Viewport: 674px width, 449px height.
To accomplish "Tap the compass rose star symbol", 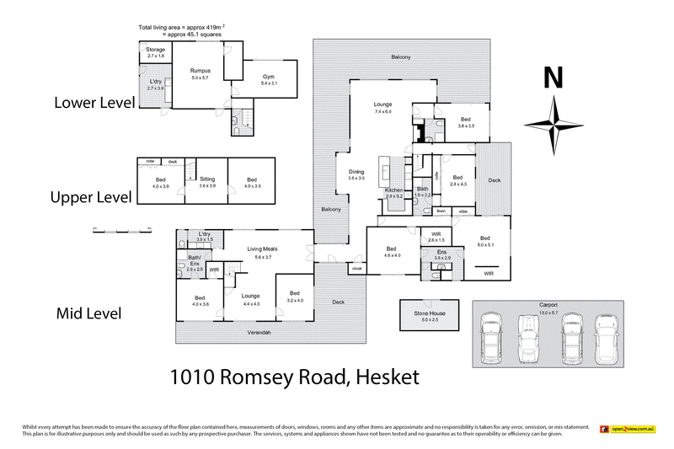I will [x=554, y=122].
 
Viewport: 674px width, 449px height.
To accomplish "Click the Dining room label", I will [x=356, y=174].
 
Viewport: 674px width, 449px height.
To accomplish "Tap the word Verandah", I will [x=260, y=334].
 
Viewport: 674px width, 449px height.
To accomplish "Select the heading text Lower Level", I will [x=94, y=104].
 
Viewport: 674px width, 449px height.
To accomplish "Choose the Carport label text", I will [x=548, y=306].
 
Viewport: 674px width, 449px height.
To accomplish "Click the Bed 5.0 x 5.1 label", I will [x=485, y=242].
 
